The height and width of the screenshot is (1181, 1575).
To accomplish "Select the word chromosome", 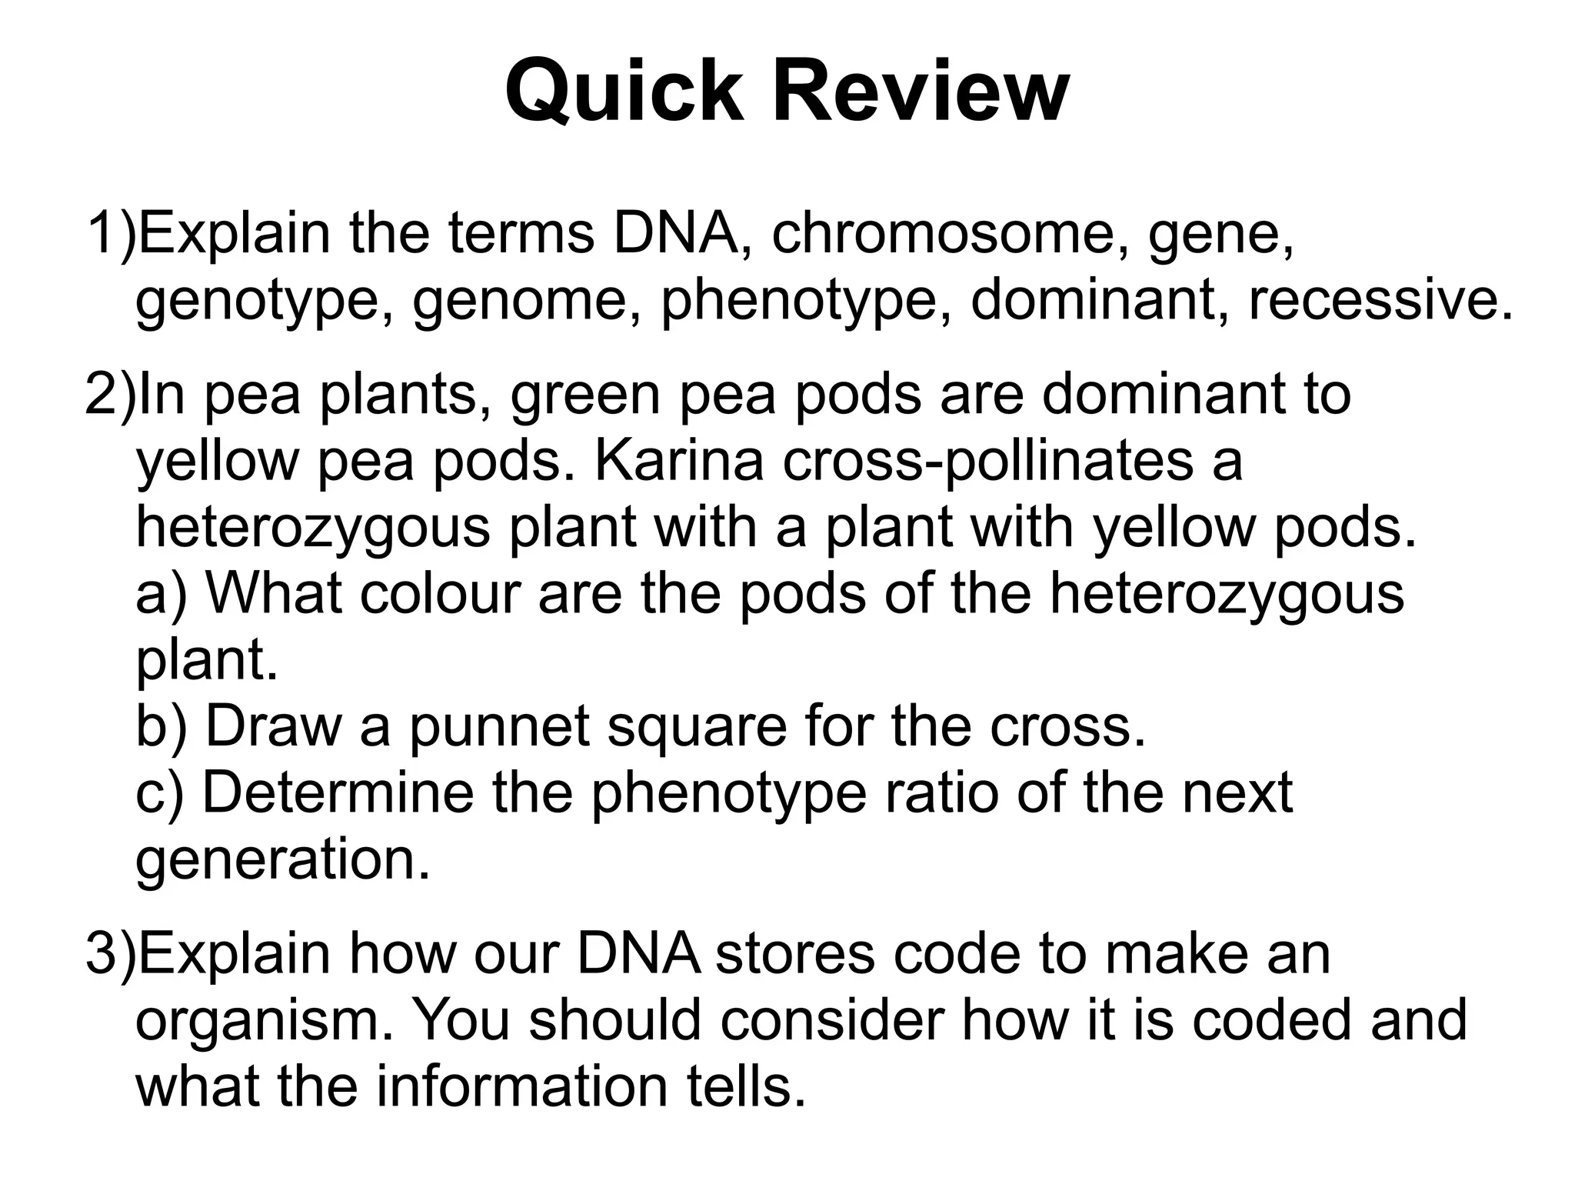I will click(x=943, y=233).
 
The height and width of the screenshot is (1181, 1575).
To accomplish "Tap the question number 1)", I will click(x=110, y=233).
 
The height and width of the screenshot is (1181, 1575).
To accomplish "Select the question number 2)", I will click(x=110, y=394).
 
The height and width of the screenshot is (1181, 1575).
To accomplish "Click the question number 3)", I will click(x=110, y=953).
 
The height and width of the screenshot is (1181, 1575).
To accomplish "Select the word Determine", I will click(x=338, y=793).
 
